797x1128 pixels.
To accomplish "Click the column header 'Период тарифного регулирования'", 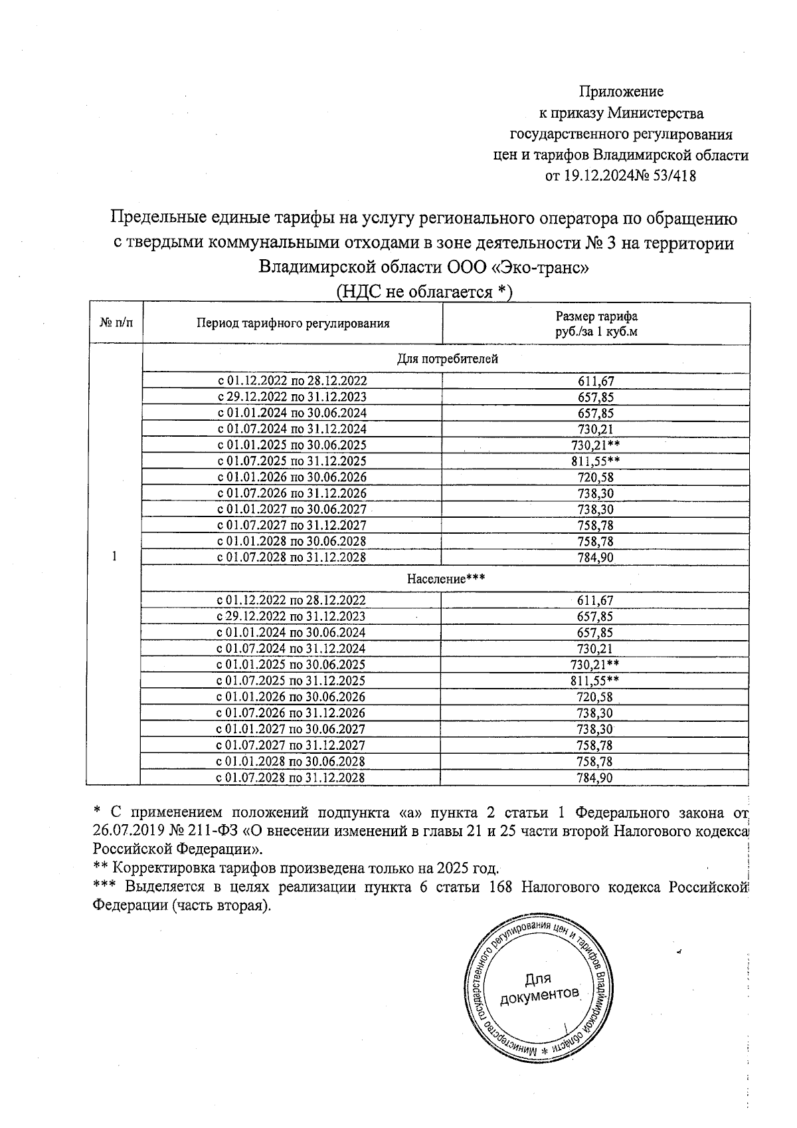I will click(292, 324).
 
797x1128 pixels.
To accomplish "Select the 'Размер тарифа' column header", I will click(596, 317).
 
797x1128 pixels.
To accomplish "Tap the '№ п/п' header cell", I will click(116, 324).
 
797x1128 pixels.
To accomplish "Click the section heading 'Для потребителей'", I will click(447, 359).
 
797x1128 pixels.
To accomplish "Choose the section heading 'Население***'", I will click(446, 578).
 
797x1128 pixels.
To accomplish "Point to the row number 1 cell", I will click(116, 557).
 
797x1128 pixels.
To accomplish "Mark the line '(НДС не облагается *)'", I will click(425, 291).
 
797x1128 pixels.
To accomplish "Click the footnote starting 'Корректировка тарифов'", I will click(306, 868).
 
